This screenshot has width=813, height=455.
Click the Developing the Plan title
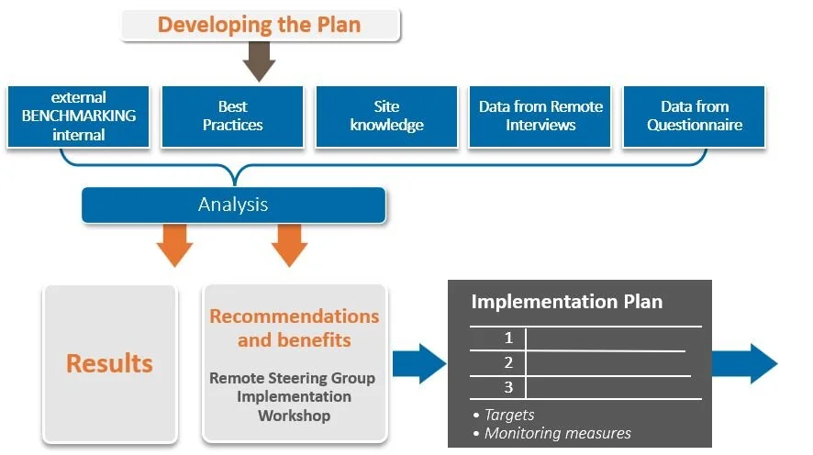click(x=262, y=25)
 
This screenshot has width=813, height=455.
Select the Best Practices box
click(x=232, y=117)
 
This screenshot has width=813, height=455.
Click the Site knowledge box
click(x=386, y=117)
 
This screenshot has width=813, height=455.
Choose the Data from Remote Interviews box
click(x=540, y=117)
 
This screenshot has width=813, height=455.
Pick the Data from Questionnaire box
click(x=695, y=117)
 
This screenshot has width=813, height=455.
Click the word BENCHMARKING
click(x=78, y=116)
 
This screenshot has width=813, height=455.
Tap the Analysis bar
click(x=233, y=204)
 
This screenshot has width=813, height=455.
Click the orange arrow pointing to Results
click(x=174, y=244)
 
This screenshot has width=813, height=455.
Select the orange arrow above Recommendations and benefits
click(x=289, y=244)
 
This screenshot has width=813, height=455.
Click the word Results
click(x=109, y=363)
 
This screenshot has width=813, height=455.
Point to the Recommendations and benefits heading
click(x=294, y=327)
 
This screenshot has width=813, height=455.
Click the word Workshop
click(x=294, y=416)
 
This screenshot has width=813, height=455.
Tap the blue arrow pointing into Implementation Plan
click(x=419, y=363)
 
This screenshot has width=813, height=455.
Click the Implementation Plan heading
click(x=566, y=302)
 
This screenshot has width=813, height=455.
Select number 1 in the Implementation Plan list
click(x=508, y=338)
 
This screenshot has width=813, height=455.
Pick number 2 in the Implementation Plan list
click(x=508, y=363)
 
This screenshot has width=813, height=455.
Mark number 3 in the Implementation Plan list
click(x=508, y=387)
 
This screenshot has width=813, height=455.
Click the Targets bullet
click(x=508, y=415)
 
